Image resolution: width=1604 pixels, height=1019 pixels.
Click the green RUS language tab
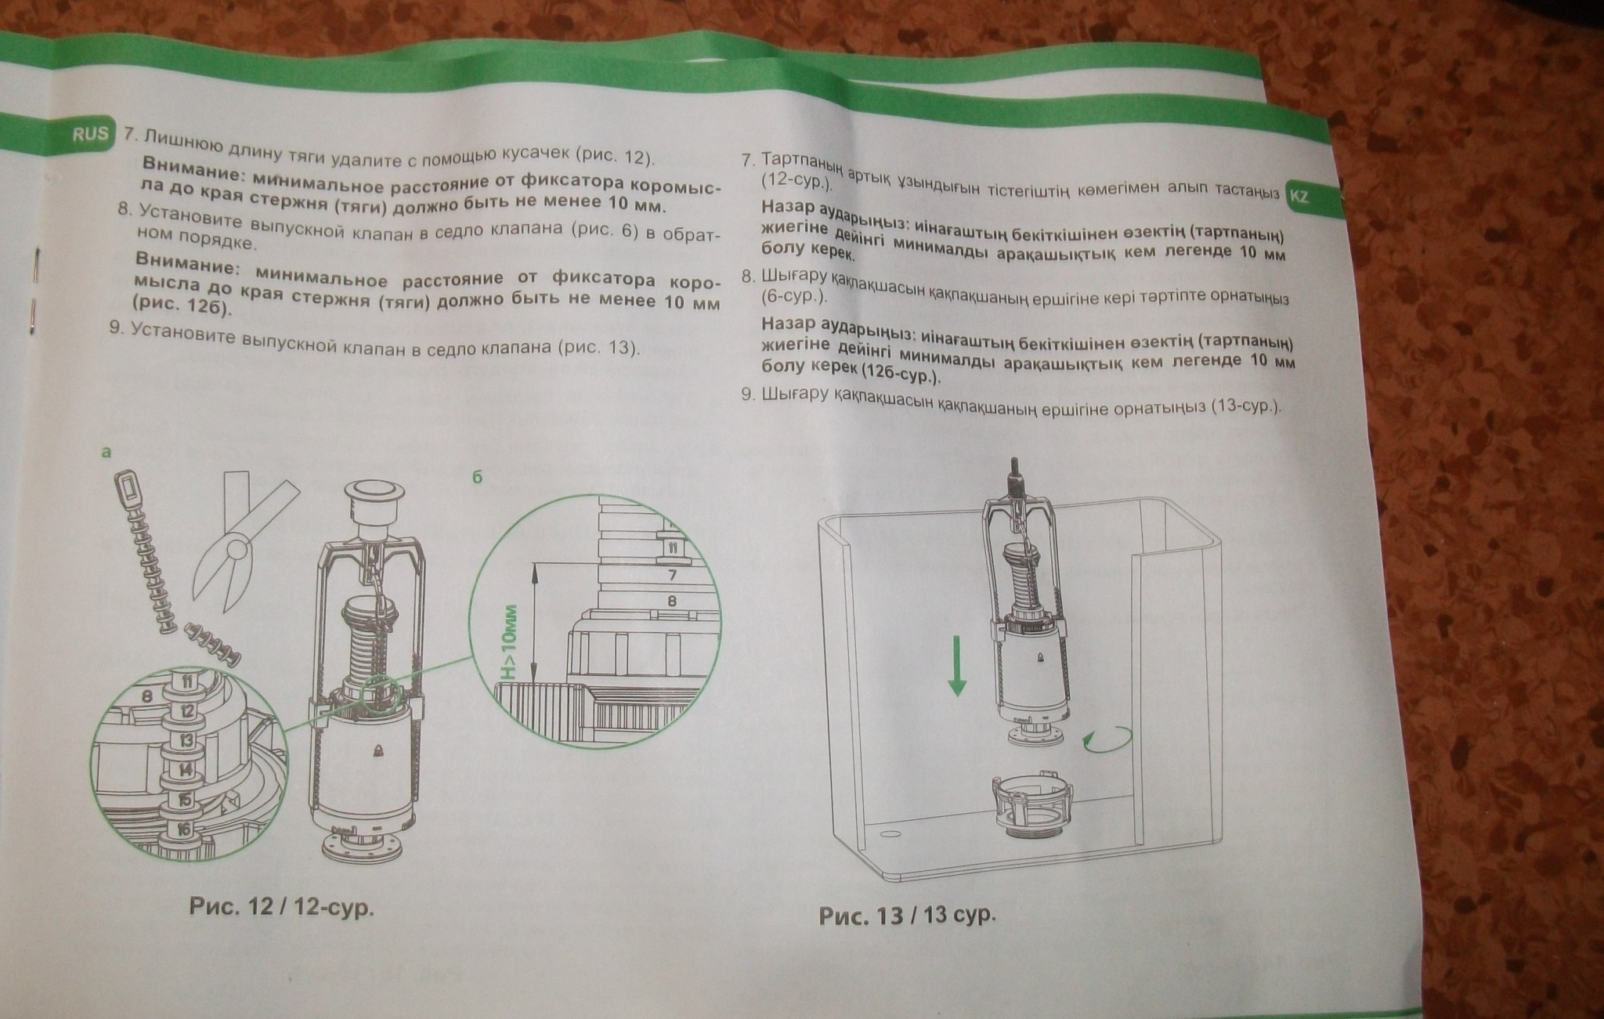point(91,133)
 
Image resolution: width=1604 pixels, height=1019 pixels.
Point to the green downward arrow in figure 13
point(956,664)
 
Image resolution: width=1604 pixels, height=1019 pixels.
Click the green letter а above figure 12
point(107,451)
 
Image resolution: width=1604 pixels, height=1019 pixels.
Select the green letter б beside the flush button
point(477,476)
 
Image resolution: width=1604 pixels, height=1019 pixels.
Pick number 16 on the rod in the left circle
point(181,828)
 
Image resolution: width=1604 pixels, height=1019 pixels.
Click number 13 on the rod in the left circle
point(186,740)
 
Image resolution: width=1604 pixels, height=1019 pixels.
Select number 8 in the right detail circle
point(672,602)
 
